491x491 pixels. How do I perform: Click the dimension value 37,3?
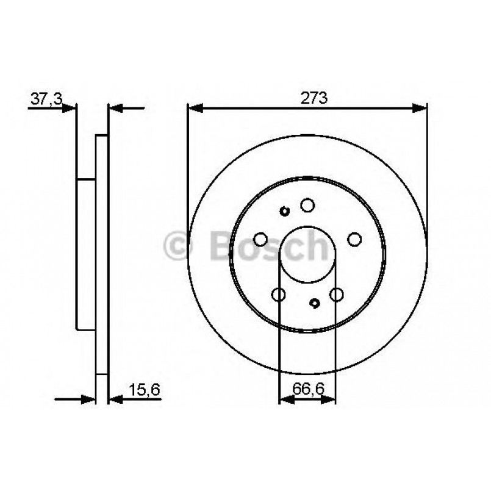point(45,99)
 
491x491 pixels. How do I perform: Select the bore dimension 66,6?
point(307,389)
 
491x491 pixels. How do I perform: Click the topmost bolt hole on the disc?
point(307,205)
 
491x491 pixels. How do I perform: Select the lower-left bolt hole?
point(279,295)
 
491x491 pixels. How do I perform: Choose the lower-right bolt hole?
point(336,295)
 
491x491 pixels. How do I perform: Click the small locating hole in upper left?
point(284,212)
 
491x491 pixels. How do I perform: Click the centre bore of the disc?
point(307,253)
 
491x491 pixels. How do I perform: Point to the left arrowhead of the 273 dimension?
point(194,109)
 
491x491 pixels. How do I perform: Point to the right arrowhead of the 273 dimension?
point(421,109)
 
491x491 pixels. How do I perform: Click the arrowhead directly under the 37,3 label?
point(70,109)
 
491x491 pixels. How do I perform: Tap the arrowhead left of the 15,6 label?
point(115,400)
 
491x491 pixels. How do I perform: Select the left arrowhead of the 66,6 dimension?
point(284,400)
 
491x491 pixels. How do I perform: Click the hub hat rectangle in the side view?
point(86,254)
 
